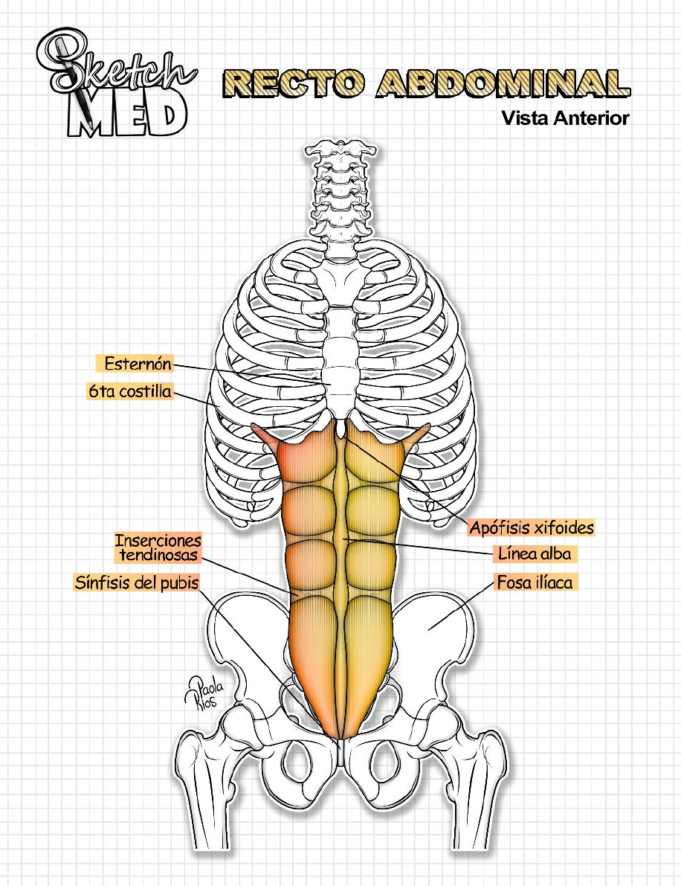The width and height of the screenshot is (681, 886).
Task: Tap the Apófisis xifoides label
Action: click(532, 527)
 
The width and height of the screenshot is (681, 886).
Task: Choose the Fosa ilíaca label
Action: click(535, 582)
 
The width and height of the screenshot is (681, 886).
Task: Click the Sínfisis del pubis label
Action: click(137, 582)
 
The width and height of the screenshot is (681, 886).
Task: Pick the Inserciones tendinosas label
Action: click(158, 548)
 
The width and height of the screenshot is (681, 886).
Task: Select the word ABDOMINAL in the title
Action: click(503, 84)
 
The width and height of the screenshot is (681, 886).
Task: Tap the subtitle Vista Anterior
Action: click(565, 118)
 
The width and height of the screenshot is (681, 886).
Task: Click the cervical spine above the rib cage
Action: click(340, 186)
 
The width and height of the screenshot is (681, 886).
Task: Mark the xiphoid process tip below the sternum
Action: click(340, 430)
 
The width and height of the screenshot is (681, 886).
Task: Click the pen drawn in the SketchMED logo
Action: click(74, 82)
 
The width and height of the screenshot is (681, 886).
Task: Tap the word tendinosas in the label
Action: click(158, 555)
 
